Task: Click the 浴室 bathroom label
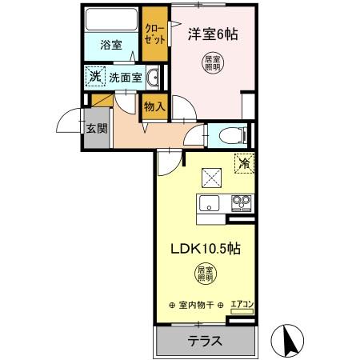pos(111,46)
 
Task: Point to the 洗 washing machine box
pos(95,78)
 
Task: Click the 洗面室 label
pos(126,78)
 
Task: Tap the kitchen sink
pos(210,202)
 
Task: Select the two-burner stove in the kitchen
pos(241,202)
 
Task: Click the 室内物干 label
pos(197,305)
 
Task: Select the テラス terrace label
pos(205,341)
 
